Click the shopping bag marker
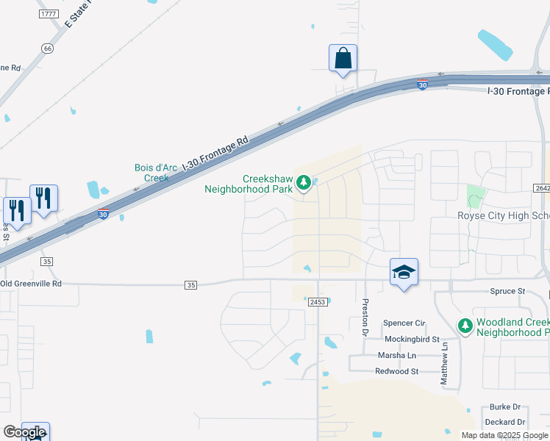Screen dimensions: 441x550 click(343, 58)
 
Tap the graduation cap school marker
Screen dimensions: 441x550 click(403, 273)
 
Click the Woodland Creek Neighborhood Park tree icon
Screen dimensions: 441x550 click(465, 325)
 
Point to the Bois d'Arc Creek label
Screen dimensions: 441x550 click(156, 173)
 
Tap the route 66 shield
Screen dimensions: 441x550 click(48, 49)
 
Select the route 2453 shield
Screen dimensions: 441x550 click(318, 301)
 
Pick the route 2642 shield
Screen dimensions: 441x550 click(542, 188)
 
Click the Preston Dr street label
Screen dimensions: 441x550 click(364, 317)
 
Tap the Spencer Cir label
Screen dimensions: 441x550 click(404, 323)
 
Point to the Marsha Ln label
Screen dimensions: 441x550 click(397, 356)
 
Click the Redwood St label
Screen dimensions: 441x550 click(396, 372)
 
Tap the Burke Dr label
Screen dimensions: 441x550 click(505, 406)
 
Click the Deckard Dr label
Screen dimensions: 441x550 click(505, 422)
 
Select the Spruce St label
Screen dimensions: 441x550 click(507, 291)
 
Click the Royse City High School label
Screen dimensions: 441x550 click(503, 215)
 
